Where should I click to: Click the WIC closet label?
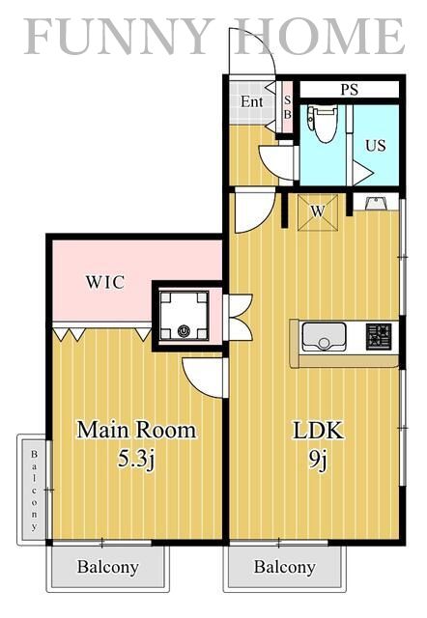(x=105, y=283)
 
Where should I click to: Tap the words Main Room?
(x=136, y=429)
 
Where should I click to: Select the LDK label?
(x=319, y=431)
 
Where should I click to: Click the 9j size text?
(x=319, y=460)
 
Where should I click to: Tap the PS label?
(x=349, y=89)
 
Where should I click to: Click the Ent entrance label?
(x=252, y=101)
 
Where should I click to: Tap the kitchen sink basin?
(x=324, y=337)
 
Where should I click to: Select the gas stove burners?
(x=378, y=336)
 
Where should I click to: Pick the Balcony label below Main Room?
(x=107, y=567)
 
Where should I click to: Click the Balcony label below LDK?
(x=284, y=567)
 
